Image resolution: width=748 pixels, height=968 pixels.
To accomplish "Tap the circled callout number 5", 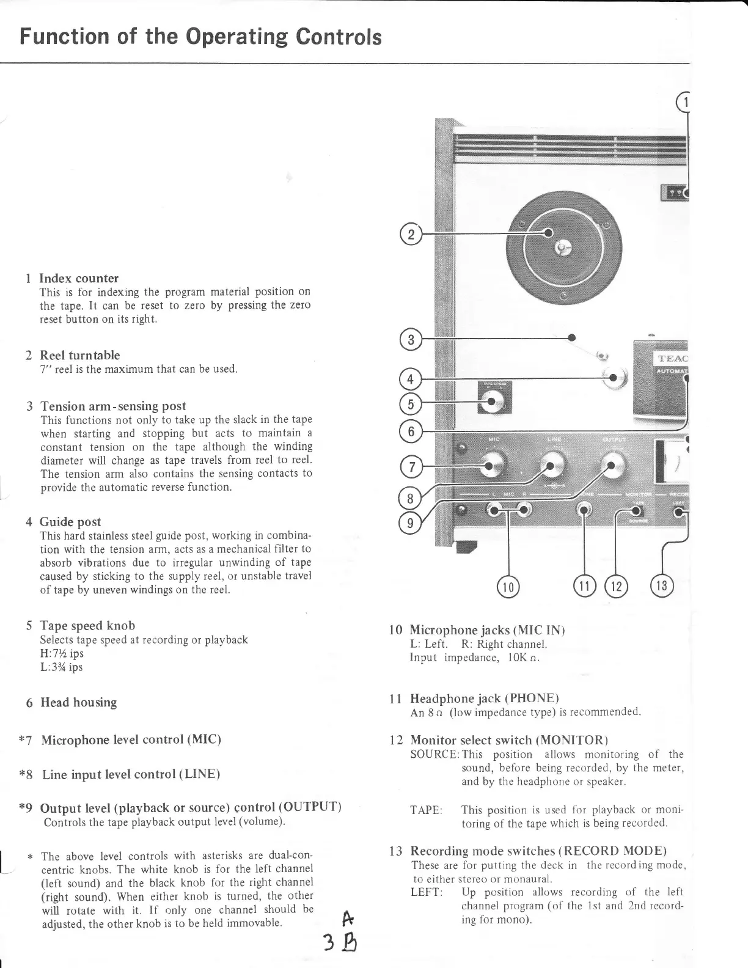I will (411, 403).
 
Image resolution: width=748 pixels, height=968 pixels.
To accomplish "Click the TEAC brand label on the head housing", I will (672, 358).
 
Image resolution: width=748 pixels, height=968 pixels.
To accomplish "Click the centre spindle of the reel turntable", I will (562, 248).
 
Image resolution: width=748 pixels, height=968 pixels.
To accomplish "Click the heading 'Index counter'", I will (79, 278).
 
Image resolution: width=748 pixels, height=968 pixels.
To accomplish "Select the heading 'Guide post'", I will (70, 521).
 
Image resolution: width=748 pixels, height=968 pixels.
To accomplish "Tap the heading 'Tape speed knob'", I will (87, 625).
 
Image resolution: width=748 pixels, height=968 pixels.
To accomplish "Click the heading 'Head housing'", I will (78, 702).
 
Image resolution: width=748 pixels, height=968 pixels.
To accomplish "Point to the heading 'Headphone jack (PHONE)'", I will (485, 698).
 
